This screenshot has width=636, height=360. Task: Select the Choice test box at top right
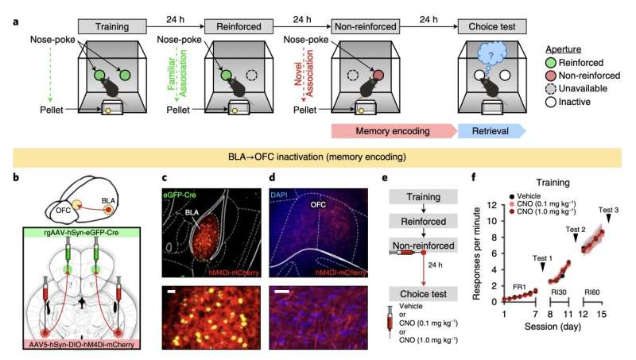click(493, 27)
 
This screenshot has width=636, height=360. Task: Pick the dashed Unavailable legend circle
click(553, 89)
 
